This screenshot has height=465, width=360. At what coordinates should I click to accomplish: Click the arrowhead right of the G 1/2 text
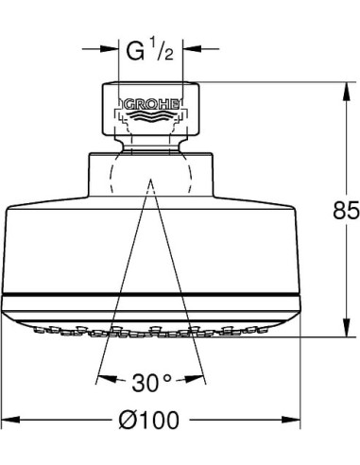pyautogui.click(x=187, y=45)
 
